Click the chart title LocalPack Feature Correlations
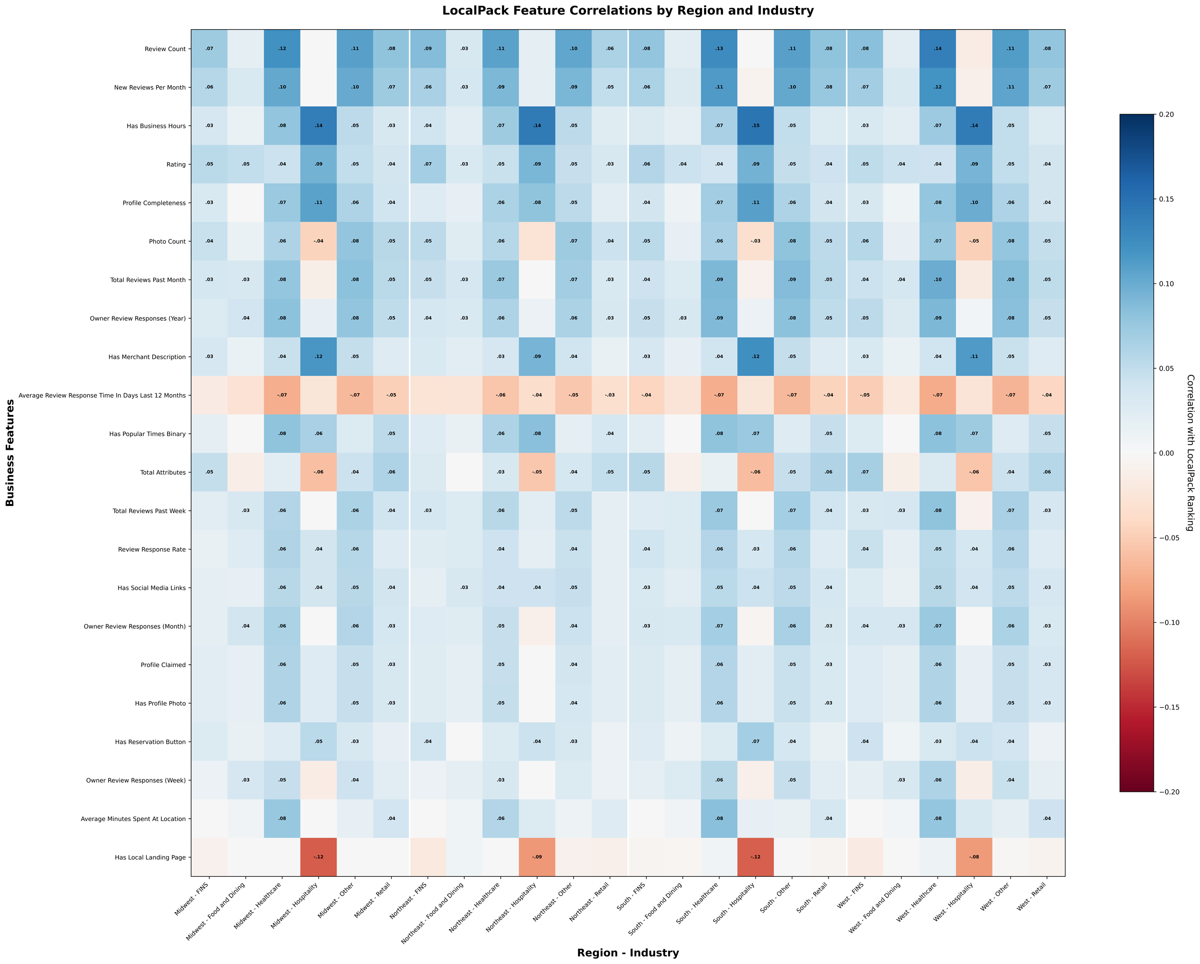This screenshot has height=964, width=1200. (628, 11)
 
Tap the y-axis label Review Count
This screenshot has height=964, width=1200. (165, 49)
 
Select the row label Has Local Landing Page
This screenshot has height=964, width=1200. (150, 857)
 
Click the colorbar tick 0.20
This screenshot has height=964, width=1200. (1166, 115)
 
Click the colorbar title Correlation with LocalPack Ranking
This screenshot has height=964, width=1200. (1190, 453)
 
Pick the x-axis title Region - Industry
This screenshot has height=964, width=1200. (628, 953)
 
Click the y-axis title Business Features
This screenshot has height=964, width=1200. (10, 453)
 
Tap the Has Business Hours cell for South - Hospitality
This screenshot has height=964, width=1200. (756, 126)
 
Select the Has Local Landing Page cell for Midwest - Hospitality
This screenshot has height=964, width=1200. (318, 857)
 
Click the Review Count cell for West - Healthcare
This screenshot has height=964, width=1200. (937, 49)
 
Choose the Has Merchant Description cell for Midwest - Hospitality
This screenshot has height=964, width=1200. (318, 356)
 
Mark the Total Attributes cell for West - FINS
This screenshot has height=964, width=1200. (864, 472)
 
